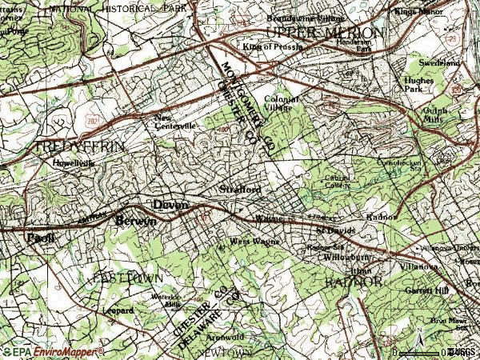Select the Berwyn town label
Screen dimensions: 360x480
coord(136,221)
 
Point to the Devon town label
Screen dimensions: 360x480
coord(170,205)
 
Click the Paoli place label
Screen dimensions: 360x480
coord(35,238)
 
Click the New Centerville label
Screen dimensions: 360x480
coord(175,122)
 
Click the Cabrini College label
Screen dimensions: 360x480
coord(337,182)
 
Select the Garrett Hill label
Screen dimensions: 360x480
coord(427,290)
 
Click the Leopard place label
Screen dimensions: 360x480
coord(118,310)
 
